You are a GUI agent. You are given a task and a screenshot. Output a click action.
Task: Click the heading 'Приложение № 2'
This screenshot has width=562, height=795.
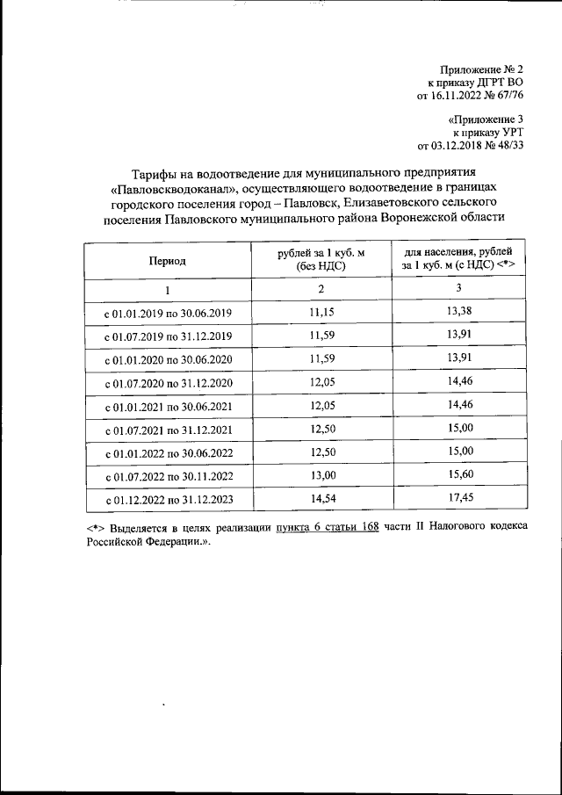(x=481, y=69)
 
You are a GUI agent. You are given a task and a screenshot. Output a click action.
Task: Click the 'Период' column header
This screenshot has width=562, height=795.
(x=167, y=261)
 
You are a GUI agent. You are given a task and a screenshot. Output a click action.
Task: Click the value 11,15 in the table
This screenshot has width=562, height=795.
(x=321, y=313)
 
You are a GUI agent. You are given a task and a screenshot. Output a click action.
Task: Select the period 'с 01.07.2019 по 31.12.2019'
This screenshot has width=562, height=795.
(x=168, y=336)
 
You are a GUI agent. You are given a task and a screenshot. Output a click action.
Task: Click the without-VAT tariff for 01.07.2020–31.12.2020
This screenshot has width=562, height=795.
(x=321, y=383)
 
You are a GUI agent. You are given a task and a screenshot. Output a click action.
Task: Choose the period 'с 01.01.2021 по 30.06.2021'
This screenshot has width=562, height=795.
(x=168, y=407)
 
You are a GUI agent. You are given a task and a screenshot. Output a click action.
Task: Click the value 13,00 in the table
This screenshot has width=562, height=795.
(x=321, y=476)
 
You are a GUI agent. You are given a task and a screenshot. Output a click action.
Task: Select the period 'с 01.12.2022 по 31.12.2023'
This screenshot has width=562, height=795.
(x=168, y=501)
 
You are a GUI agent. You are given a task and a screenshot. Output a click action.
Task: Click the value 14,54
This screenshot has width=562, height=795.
(x=321, y=500)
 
